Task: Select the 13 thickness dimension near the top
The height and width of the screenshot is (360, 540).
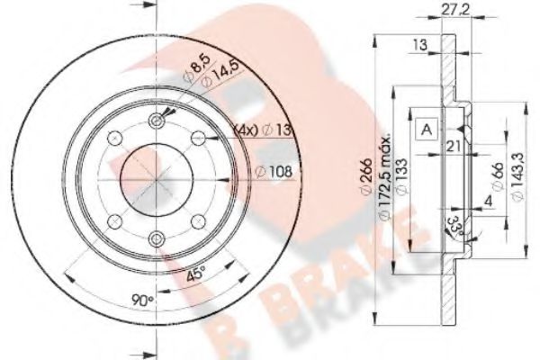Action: pyautogui.click(x=420, y=44)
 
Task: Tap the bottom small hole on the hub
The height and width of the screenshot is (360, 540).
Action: pyautogui.click(x=157, y=238)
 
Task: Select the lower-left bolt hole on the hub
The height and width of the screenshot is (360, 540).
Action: pyautogui.click(x=113, y=220)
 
